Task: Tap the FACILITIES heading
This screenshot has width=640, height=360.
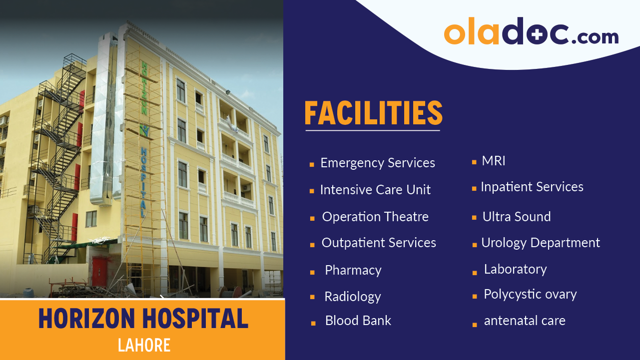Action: [373, 113]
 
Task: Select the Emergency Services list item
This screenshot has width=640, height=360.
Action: [377, 163]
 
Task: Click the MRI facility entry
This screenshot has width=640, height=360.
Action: [494, 161]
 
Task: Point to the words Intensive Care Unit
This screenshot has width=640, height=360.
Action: [375, 190]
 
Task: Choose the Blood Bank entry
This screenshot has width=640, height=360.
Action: [358, 321]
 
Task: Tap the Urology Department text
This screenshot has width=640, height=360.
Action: [540, 243]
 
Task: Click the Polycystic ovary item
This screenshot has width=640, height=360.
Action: [530, 295]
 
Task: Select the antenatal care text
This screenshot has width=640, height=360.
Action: [524, 321]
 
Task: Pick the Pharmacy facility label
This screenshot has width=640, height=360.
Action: [353, 270]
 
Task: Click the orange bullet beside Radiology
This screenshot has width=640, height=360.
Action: [312, 297]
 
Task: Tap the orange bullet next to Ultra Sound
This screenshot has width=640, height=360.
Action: [474, 218]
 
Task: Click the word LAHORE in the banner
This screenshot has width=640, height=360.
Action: [144, 345]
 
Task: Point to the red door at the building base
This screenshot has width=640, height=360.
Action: [99, 271]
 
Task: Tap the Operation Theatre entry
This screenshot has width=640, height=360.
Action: [375, 217]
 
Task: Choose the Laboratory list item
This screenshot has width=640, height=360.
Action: [515, 269]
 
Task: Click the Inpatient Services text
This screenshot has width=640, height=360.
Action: [532, 187]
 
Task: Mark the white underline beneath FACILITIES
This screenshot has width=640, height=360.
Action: [373, 131]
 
